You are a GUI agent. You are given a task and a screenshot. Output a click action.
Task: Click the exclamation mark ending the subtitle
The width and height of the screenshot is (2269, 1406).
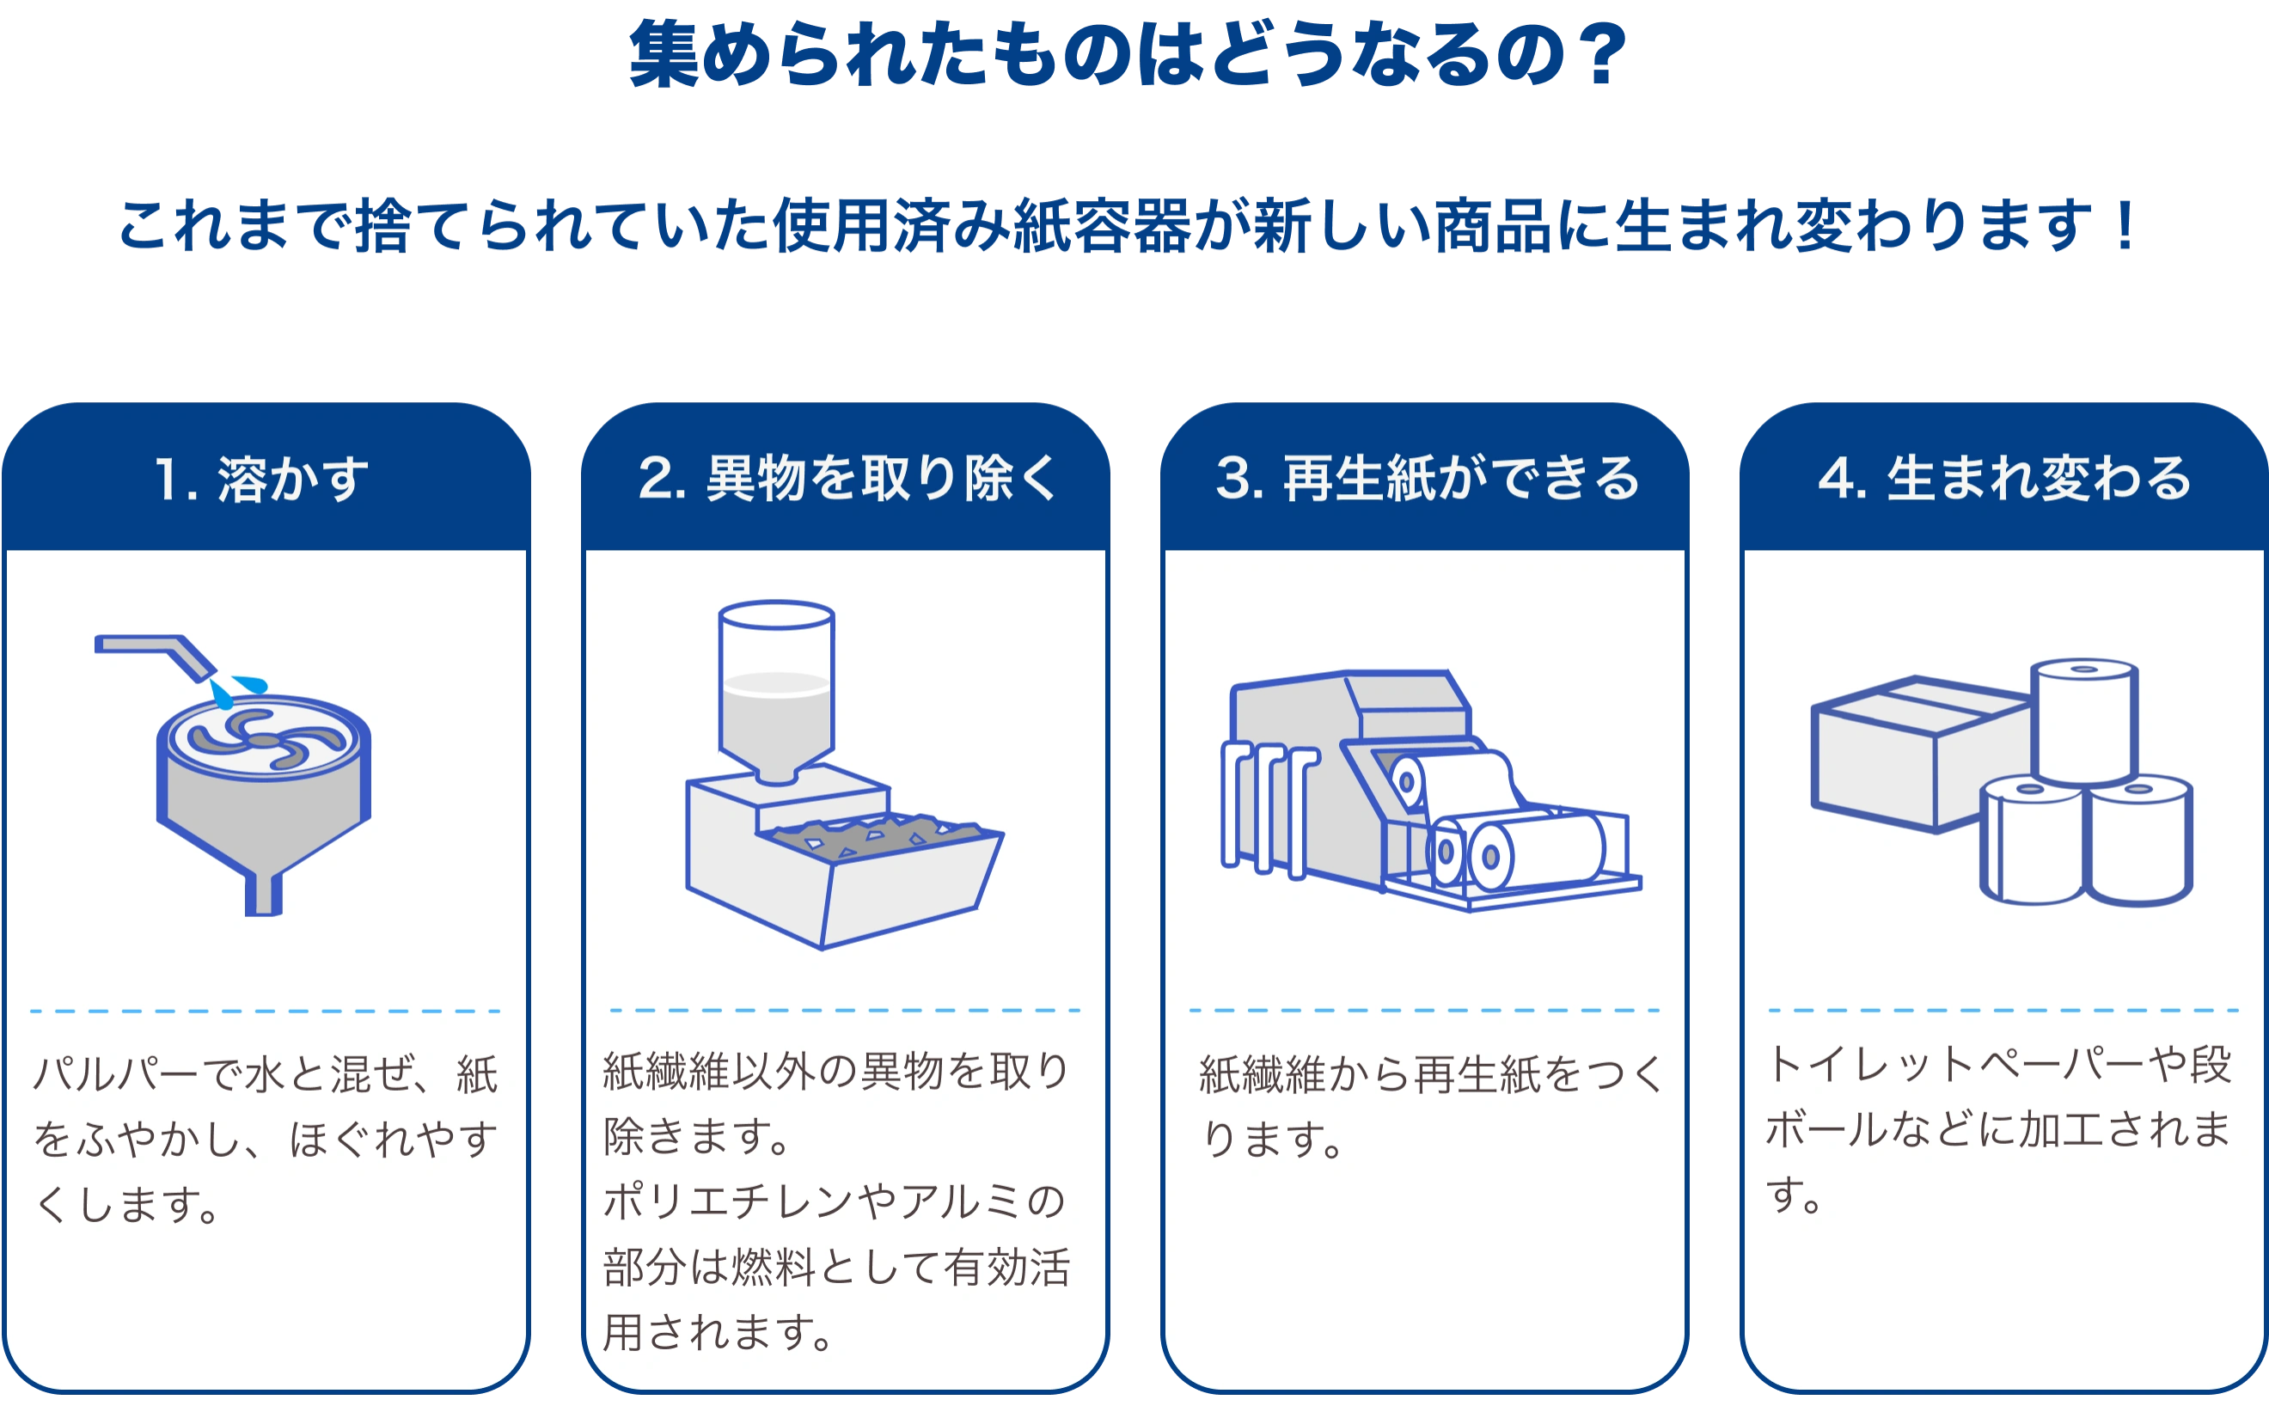tap(2125, 226)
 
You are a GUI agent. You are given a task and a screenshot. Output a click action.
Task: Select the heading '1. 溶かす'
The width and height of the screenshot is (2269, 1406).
tap(261, 480)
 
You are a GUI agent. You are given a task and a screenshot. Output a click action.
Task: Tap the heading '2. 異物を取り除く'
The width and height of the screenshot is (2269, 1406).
tap(847, 479)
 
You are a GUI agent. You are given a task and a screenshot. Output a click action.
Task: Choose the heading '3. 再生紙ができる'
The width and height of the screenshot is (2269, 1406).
tap(1427, 479)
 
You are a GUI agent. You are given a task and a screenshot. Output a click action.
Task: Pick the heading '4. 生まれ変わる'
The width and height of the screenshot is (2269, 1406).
tap(2005, 479)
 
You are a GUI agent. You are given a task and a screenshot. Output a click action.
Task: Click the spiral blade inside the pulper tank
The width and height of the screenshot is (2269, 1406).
tap(266, 740)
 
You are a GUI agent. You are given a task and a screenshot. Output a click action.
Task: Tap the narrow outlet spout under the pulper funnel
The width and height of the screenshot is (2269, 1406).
tap(263, 894)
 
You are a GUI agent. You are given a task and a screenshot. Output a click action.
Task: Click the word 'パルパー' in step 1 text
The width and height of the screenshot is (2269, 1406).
tap(115, 1075)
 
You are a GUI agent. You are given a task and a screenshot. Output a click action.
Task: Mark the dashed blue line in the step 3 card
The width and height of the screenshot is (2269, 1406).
tap(1425, 1010)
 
